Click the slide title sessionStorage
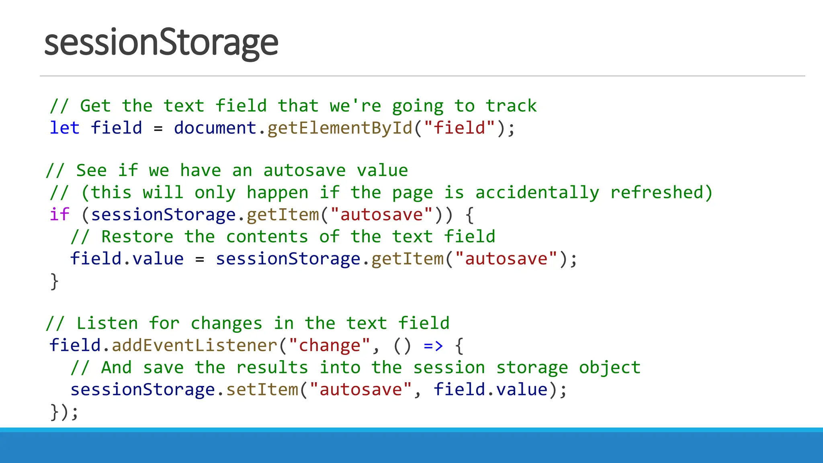(161, 43)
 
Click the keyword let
(64, 128)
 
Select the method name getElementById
(340, 128)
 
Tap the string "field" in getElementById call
(459, 128)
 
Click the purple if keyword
(59, 215)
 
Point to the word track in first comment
(511, 106)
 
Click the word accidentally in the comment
(537, 193)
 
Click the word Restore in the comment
(137, 237)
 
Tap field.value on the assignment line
(127, 259)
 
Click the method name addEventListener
(194, 346)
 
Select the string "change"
(330, 346)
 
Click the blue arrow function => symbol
(433, 346)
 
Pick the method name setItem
(262, 390)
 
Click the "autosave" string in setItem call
(361, 390)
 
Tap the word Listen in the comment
(107, 324)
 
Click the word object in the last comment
(610, 368)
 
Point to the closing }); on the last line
(64, 412)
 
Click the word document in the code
(215, 128)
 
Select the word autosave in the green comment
(304, 171)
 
